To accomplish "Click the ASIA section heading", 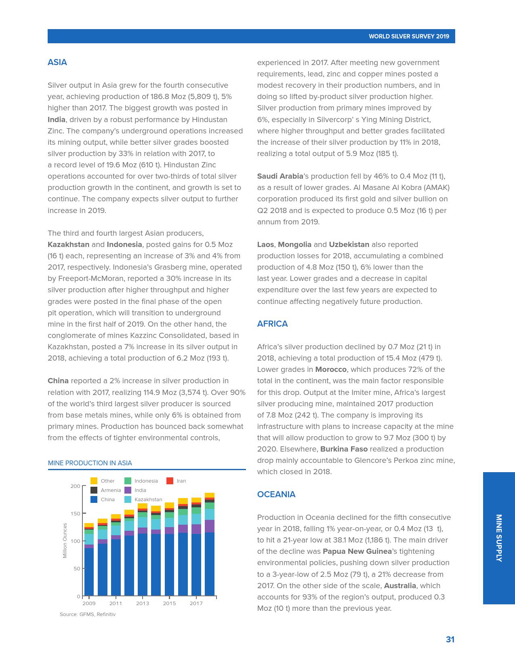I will coord(57,62).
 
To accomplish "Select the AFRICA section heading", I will coord(272,324).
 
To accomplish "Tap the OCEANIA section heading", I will coord(276,494).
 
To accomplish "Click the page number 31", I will coord(450,639).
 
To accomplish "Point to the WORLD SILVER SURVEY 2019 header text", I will coord(409,36).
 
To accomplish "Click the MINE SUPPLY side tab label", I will coord(499,538).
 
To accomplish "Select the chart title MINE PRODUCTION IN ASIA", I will coord(90,463).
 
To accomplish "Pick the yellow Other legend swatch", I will coord(94,481).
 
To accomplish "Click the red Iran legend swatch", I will coord(170,481).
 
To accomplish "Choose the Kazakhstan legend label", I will coord(148,500).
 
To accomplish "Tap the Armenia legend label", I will coord(111,490).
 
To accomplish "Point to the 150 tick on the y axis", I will coord(76,513).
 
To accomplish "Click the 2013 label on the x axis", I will coord(142,604).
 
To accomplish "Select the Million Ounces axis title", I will coord(65,540).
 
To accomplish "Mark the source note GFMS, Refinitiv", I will coord(88,614).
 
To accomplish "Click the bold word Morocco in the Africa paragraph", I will coord(331,369).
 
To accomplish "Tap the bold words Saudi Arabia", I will coord(280,176).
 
